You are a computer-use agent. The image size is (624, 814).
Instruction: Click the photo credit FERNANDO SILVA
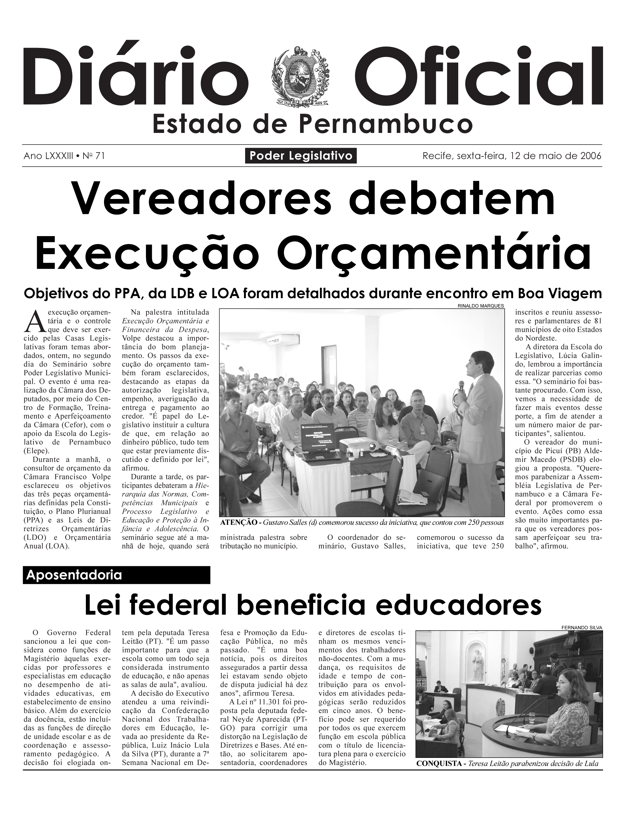(x=582, y=628)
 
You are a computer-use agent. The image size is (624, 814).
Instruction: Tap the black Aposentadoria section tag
(x=116, y=575)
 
